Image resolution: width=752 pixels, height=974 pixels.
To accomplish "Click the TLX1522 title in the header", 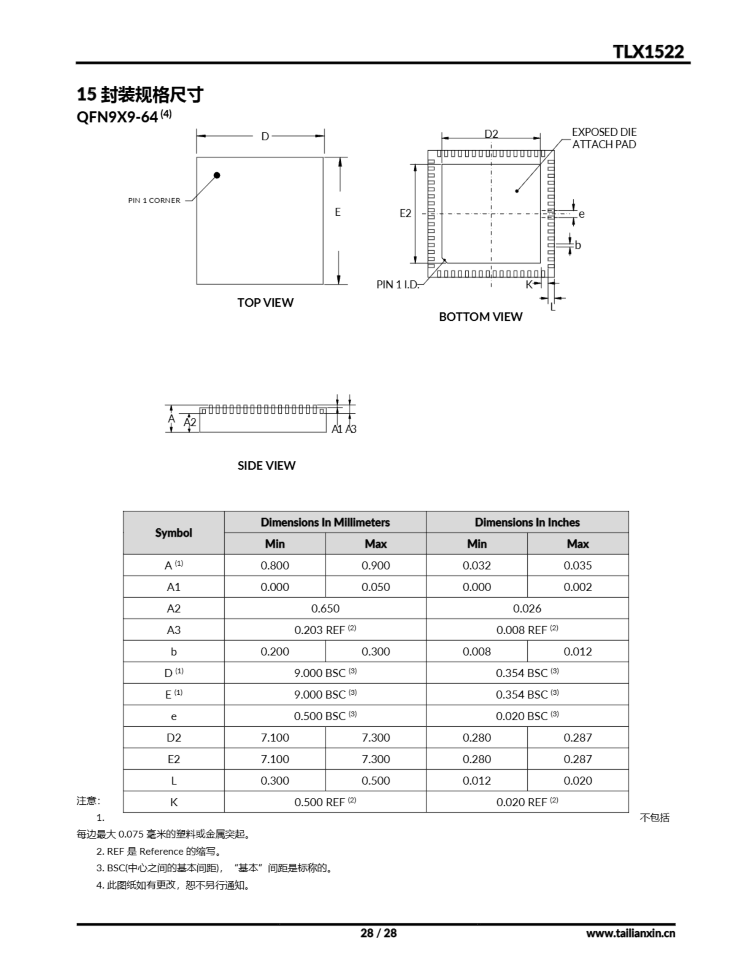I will [648, 52].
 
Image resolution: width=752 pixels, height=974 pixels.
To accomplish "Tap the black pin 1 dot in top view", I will [217, 175].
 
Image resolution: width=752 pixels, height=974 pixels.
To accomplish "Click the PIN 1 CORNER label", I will [154, 200].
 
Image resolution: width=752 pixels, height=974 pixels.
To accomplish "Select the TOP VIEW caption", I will [265, 302].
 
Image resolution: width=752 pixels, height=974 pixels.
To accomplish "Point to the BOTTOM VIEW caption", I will [481, 317].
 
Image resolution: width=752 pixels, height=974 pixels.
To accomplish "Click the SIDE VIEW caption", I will [266, 465].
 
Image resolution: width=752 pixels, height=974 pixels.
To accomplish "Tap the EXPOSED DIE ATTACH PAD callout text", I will [604, 138].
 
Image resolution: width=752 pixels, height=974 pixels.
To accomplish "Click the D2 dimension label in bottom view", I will [491, 133].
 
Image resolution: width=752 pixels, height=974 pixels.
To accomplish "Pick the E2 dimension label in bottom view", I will [405, 213].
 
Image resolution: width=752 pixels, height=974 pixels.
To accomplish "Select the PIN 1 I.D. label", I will [398, 285].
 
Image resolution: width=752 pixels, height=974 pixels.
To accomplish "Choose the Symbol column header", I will [173, 533].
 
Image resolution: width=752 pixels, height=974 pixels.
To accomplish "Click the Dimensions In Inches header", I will [527, 522].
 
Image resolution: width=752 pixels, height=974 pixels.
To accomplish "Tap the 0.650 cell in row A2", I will [325, 608].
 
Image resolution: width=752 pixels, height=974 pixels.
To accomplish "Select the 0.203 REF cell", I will [325, 630].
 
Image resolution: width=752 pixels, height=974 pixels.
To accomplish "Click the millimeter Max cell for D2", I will [375, 737].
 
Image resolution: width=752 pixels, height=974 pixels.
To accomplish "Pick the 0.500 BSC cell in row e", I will [325, 716].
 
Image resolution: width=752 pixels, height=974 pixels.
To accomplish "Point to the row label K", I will [173, 802].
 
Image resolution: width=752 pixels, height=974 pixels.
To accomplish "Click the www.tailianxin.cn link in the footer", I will [630, 933].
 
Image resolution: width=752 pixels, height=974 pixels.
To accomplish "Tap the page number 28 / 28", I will [378, 933].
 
